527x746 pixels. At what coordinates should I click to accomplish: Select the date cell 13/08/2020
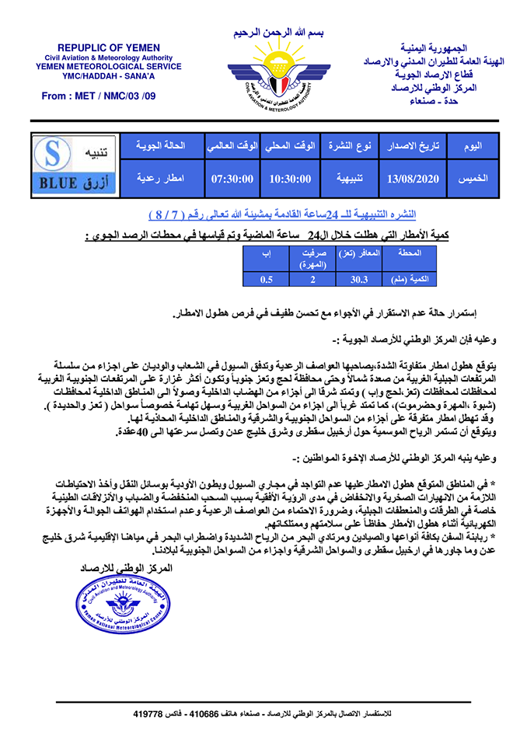pos(413,179)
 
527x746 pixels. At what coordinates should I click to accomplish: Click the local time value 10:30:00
pos(290,179)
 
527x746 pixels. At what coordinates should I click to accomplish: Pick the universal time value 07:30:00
pos(233,179)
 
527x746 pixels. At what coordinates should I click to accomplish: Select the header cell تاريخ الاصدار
pos(413,146)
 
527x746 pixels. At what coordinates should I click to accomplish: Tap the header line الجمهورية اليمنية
pos(444,48)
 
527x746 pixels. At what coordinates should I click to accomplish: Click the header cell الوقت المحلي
pos(290,146)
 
